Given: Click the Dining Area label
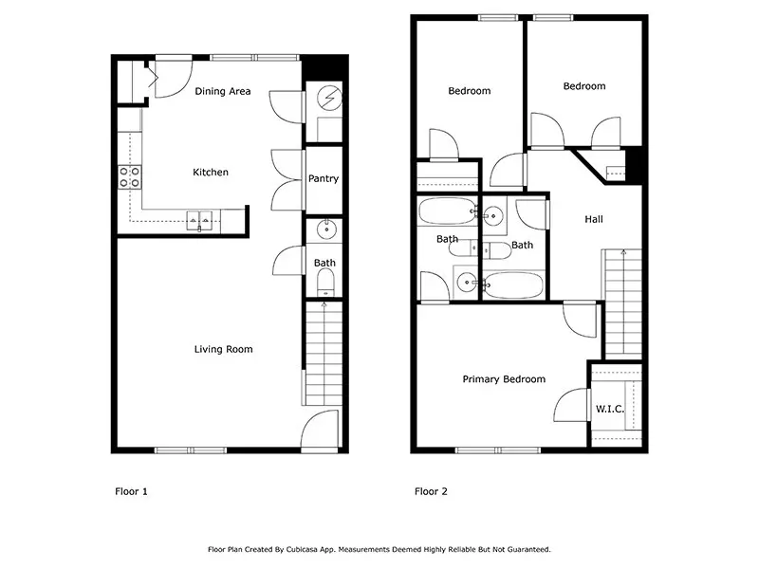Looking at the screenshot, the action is pyautogui.click(x=223, y=91).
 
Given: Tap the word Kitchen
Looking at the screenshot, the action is pyautogui.click(x=211, y=172).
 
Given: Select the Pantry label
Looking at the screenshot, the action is pyautogui.click(x=324, y=178).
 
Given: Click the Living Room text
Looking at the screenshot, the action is pyautogui.click(x=223, y=349).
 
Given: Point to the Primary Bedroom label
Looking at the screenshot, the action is pyautogui.click(x=504, y=378).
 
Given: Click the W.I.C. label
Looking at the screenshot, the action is pyautogui.click(x=609, y=409).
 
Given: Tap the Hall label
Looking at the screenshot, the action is pyautogui.click(x=594, y=219).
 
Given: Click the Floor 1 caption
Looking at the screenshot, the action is pyautogui.click(x=131, y=491).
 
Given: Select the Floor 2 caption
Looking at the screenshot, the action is pyautogui.click(x=431, y=491).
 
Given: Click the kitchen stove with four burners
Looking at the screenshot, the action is pyautogui.click(x=130, y=176).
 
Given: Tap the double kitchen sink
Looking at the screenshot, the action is pyautogui.click(x=199, y=220).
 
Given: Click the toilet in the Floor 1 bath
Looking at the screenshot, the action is pyautogui.click(x=325, y=282).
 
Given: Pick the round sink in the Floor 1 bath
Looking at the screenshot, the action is pyautogui.click(x=326, y=229).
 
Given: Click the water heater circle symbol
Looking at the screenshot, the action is pyautogui.click(x=329, y=99).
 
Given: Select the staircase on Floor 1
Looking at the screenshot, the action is pyautogui.click(x=324, y=353).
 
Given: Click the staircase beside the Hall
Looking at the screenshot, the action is pyautogui.click(x=622, y=303).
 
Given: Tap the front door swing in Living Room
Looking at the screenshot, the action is pyautogui.click(x=320, y=430).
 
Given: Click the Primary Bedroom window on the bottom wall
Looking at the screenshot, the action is pyautogui.click(x=498, y=450).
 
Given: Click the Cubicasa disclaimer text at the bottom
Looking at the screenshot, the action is pyautogui.click(x=379, y=550).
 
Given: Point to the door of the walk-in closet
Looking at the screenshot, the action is pyautogui.click(x=572, y=405).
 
